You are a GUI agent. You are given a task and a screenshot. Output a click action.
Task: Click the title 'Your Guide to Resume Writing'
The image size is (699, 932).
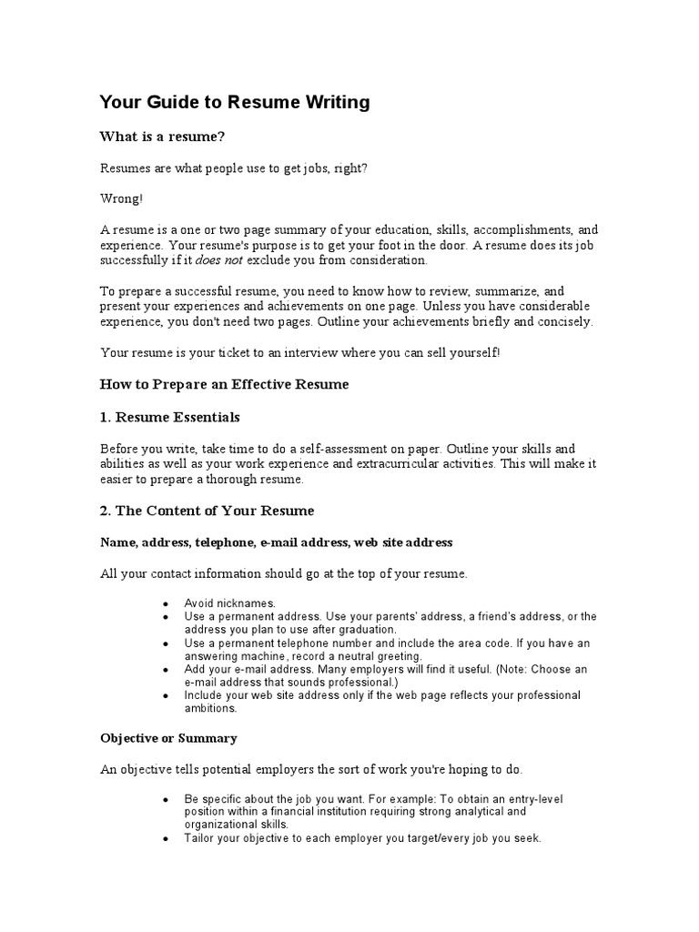click(235, 102)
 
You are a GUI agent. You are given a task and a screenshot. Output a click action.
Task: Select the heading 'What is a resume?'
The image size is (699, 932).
click(162, 137)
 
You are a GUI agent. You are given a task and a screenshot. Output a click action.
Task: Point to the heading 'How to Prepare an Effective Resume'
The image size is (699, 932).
click(224, 384)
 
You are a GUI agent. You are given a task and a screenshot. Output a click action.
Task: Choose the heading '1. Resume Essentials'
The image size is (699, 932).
click(170, 417)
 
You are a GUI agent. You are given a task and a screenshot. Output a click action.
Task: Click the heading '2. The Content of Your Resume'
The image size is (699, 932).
click(207, 511)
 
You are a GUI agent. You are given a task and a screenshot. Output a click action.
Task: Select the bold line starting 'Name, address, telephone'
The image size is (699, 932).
click(276, 542)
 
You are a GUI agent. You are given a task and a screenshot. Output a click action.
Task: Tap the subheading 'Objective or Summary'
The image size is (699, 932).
click(168, 738)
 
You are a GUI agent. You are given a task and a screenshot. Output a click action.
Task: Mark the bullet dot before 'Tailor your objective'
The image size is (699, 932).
click(165, 839)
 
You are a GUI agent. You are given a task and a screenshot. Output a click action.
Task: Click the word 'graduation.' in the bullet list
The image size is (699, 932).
click(367, 630)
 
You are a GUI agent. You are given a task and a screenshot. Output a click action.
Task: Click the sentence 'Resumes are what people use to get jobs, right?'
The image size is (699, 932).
click(234, 168)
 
